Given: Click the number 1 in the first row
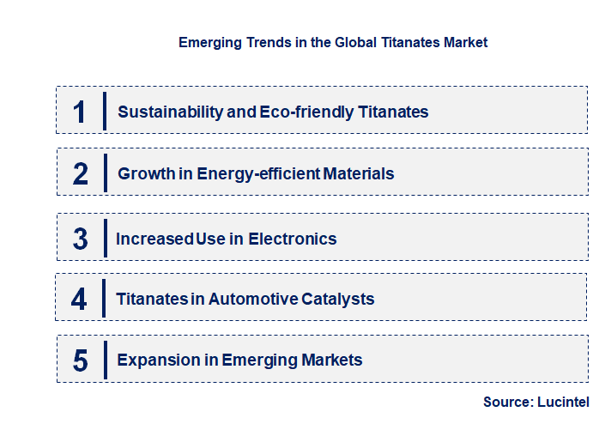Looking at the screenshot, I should pyautogui.click(x=79, y=112).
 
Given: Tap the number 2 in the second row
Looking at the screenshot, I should pyautogui.click(x=81, y=174).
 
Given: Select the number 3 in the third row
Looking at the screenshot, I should pyautogui.click(x=81, y=239).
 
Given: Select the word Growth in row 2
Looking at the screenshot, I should pyautogui.click(x=144, y=174).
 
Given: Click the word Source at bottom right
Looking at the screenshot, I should pyautogui.click(x=506, y=402).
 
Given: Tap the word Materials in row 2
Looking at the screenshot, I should pyautogui.click(x=358, y=174).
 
